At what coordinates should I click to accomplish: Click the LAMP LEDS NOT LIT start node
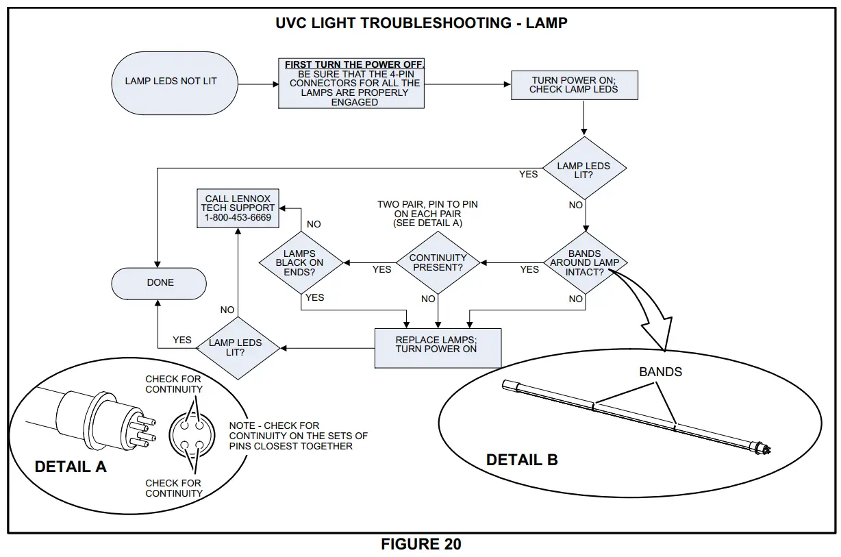point(171,82)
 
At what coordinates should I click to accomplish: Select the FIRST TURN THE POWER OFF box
point(351,84)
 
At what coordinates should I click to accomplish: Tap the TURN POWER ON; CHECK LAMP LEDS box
point(574,85)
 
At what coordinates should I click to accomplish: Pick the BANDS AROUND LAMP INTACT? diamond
point(585,263)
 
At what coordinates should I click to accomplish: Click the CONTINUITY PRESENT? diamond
point(438,262)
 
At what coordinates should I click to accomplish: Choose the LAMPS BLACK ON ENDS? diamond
point(300,262)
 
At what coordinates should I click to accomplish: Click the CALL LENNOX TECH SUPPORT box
point(238,208)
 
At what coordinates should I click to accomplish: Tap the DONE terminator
point(160,282)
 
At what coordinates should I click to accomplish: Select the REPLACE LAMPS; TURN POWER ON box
point(437,345)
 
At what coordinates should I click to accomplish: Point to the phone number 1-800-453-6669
point(238,218)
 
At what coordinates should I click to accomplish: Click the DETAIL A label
point(71,467)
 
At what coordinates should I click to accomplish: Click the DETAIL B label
point(522,460)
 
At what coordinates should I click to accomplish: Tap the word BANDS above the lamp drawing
point(660,372)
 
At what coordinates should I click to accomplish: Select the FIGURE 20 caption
point(420,545)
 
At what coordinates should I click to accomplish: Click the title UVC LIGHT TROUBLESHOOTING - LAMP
point(420,23)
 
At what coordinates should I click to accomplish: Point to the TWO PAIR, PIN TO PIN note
point(427,214)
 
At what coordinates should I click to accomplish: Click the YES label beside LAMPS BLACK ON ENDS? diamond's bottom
point(314,297)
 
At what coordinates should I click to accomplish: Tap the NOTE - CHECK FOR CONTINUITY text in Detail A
point(298,436)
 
